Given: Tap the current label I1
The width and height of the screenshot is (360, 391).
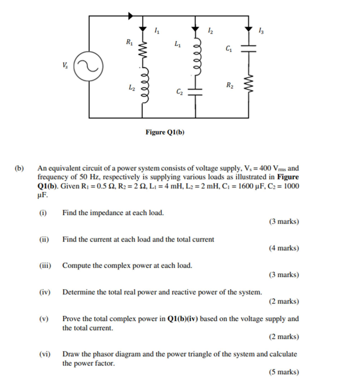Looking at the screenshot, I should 157,32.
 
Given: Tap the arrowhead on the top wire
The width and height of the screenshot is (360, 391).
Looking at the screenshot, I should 130,16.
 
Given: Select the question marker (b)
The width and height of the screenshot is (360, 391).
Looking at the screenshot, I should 19,168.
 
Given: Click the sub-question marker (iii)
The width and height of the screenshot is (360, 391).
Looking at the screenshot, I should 45,265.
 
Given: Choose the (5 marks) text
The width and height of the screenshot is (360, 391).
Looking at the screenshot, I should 284,372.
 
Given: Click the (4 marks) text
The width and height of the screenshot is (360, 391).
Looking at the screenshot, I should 284,248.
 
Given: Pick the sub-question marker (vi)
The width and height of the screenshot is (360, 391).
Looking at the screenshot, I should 45,354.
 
